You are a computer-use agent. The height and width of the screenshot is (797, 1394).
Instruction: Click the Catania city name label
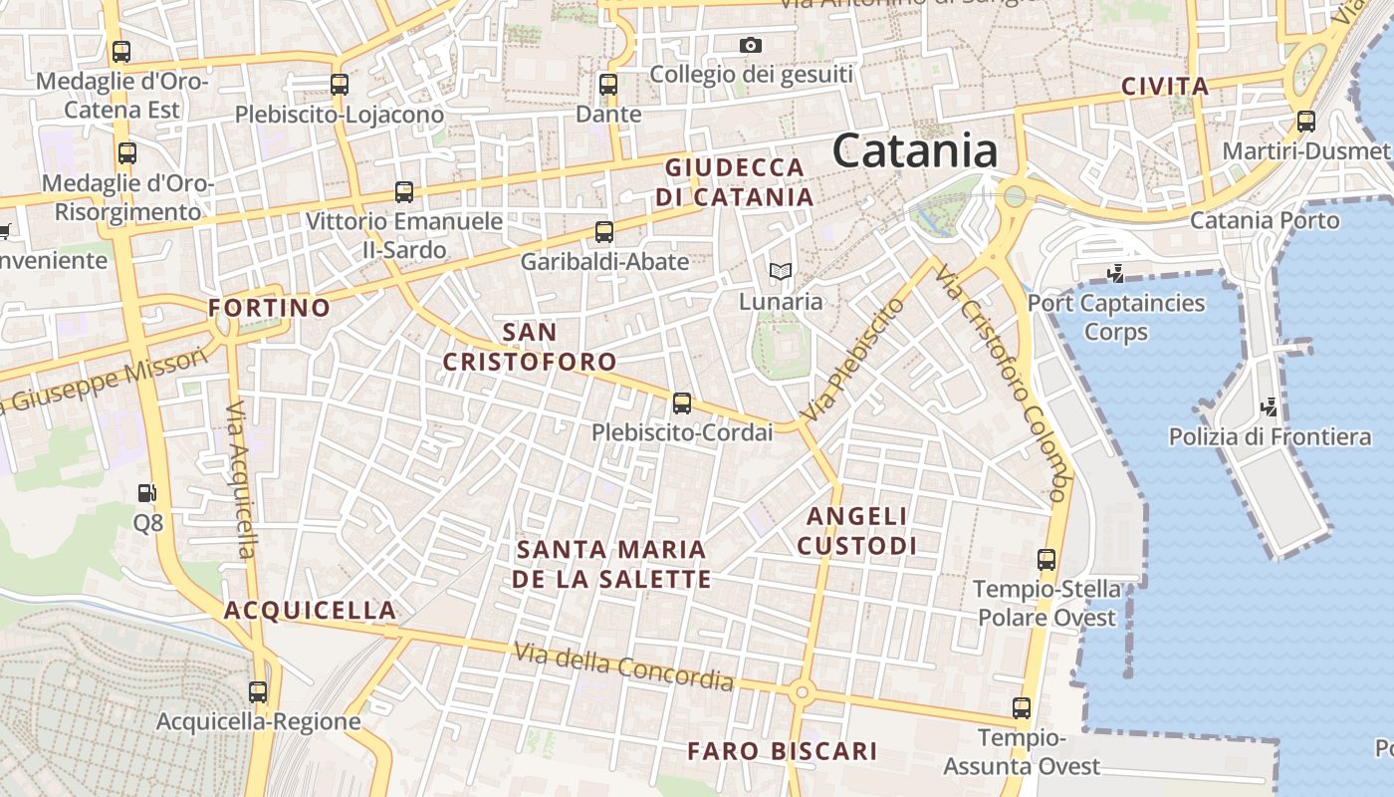pos(915,151)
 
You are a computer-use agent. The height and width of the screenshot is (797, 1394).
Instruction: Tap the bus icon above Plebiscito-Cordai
pos(682,403)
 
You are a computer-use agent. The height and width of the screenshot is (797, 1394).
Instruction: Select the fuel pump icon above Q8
pos(146,493)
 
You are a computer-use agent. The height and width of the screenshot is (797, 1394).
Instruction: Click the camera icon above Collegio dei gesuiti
pos(751,45)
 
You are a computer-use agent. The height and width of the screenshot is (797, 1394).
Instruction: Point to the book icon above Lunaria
pos(780,271)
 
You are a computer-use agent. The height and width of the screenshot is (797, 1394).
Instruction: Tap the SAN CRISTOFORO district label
pos(530,347)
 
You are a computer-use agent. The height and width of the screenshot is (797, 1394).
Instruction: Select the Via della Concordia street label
pos(624,666)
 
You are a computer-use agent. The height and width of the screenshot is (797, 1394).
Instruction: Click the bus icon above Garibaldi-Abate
pos(603,232)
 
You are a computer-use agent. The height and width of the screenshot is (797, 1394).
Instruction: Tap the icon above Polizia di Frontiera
pos(1269,406)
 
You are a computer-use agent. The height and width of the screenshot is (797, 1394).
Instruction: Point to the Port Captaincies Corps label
pos(1116,317)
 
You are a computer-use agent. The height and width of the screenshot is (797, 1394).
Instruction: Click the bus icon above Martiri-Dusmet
pos(1305,123)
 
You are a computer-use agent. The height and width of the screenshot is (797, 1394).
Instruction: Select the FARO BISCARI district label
pos(782,751)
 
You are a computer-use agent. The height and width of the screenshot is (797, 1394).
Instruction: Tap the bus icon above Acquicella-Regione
pos(258,691)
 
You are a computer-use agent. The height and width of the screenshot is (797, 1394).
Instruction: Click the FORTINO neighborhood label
pos(269,308)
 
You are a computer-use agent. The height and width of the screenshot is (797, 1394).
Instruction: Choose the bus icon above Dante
pos(608,85)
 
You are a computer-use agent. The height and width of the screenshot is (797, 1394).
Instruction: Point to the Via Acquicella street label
pos(242,480)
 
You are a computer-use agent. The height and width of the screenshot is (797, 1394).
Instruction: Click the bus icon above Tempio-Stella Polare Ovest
pos(1046,560)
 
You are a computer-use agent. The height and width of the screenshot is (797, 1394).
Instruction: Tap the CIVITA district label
pos(1165,87)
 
